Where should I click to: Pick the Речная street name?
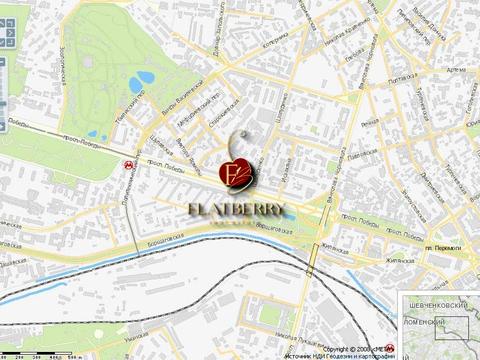click(x=369, y=124)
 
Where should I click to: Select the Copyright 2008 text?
click(x=355, y=348)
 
